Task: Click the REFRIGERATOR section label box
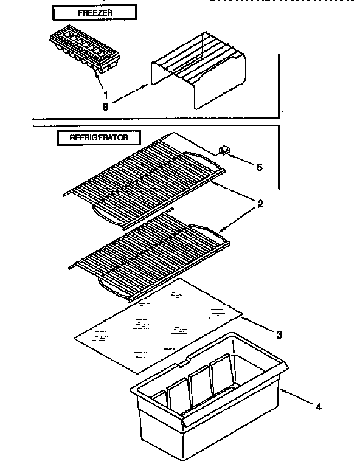point(99,137)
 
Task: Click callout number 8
point(106,106)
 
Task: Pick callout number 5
point(259,167)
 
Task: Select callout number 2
point(260,204)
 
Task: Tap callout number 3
point(279,334)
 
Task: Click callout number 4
point(319,407)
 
